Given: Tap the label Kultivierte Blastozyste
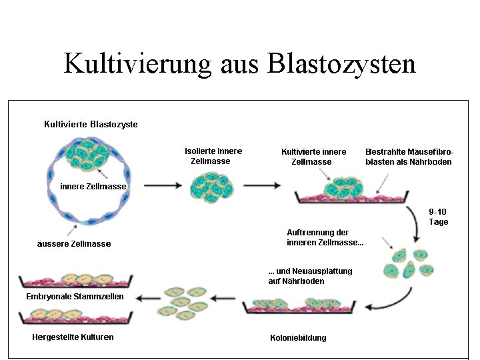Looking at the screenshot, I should coord(91,124).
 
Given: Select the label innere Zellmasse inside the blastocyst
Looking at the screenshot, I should coord(93,187).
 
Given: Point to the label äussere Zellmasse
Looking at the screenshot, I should coord(74,244).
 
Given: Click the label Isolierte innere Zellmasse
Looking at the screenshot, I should coord(213,156).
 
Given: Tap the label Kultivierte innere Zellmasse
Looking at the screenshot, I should coord(313,157).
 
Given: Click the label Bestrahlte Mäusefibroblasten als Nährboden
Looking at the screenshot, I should coord(408,157).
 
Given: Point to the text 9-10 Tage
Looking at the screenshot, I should coord(439,217).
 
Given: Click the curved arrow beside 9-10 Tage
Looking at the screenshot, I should coord(418,227).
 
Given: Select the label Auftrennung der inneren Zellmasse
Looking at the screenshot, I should coord(325,237).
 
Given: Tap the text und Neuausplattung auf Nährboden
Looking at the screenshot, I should coord(309,276).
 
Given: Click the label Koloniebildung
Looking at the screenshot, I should coord(298,338).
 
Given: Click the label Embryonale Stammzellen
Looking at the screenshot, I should coord(75,297).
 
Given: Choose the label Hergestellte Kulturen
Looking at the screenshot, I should coord(73,337).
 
